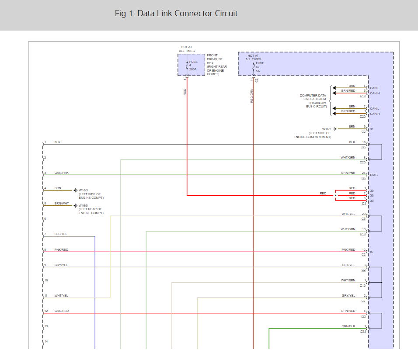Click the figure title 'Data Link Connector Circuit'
pos(176,14)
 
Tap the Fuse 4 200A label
pos(193,65)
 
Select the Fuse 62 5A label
pos(260,67)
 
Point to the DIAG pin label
pos(374,175)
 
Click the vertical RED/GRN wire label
pos(252,96)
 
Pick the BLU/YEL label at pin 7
pos(61,234)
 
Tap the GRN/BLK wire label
pos(348,326)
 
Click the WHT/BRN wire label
pos(348,280)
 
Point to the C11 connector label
pos(363,332)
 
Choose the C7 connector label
pos(363,301)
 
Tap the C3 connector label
pos(363,316)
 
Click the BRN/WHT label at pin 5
pos(61,204)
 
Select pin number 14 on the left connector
pos(46,342)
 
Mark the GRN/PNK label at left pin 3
pos(62,173)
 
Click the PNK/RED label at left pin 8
pos(62,249)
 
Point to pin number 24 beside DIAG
pos(364,173)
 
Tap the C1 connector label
pos(363,204)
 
